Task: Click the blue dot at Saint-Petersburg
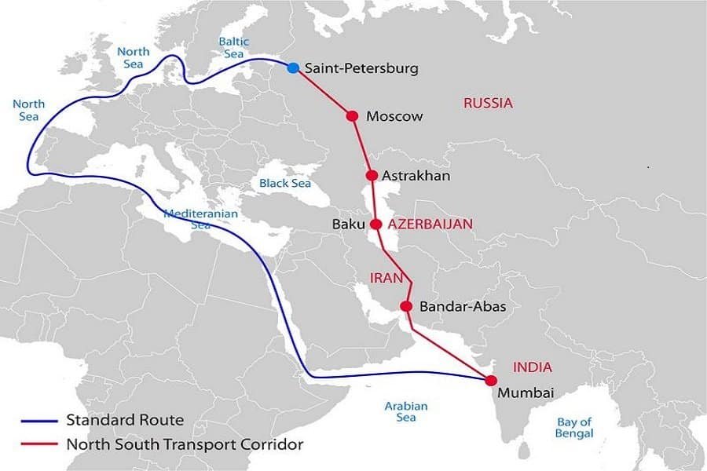[293, 68]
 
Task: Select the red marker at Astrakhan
[372, 175]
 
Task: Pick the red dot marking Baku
[376, 224]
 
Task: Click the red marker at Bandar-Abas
[406, 306]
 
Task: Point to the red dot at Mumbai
[491, 380]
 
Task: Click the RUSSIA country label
[488, 103]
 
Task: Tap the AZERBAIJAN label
[430, 225]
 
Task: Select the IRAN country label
[386, 278]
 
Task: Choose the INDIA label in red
[533, 367]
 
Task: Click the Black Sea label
[285, 183]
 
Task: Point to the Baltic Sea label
[233, 48]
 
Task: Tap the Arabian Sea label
[406, 412]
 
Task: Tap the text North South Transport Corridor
[185, 444]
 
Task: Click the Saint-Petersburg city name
[361, 68]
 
